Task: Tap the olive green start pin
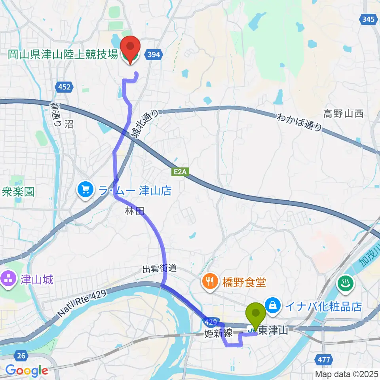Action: pos(256,314)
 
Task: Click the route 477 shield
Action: pos(324,359)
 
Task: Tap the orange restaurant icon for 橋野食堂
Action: pos(209,282)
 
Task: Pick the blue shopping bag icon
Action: pos(273,305)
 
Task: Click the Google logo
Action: pos(27,370)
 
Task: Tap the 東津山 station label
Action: pos(273,330)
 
